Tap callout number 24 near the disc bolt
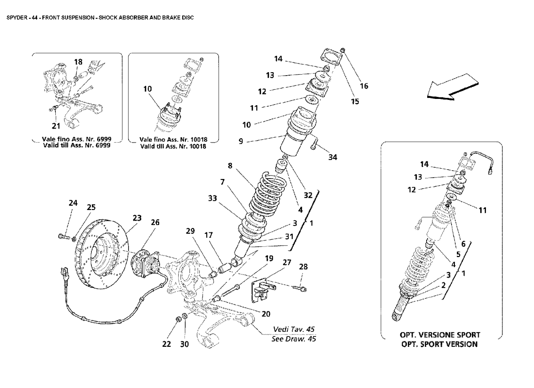(x=73, y=203)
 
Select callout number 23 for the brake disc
(x=137, y=218)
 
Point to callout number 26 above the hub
(x=154, y=223)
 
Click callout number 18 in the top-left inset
(x=78, y=62)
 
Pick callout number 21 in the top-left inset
(x=56, y=127)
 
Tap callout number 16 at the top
(x=364, y=86)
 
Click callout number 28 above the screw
(x=303, y=267)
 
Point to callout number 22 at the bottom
(x=167, y=344)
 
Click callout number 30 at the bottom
(x=184, y=344)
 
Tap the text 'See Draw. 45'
(x=294, y=339)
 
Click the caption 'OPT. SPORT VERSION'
(x=438, y=344)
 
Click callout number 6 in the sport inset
(x=463, y=244)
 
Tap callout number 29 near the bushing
(x=191, y=232)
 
